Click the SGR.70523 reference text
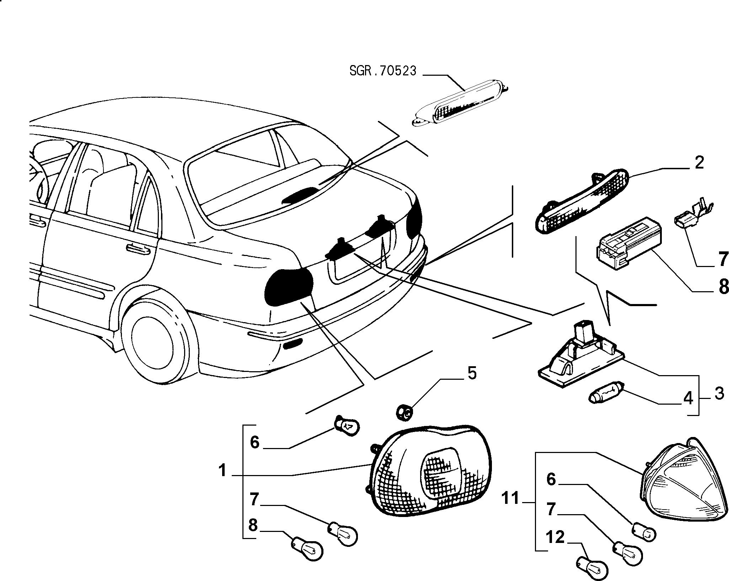383,71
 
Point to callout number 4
688,399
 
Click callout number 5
472,374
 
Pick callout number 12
555,537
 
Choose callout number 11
511,499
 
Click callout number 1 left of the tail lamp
223,471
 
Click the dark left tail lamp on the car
289,287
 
